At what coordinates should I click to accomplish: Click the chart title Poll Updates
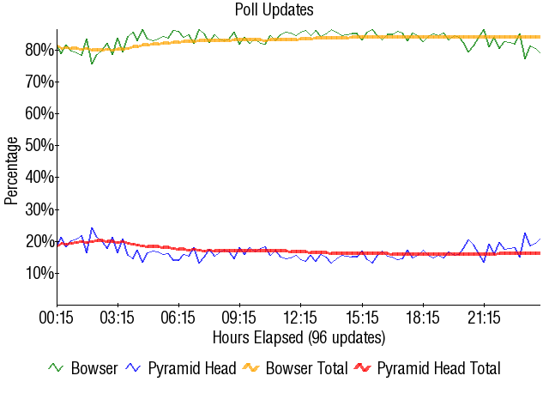tap(274, 10)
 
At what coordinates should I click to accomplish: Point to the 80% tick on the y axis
tap(39, 50)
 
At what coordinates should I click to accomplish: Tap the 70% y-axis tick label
tap(39, 82)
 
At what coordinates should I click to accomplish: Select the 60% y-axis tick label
tap(39, 113)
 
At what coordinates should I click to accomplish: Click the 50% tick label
tap(39, 145)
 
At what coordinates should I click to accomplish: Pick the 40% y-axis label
tap(39, 177)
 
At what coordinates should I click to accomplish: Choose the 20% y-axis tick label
tap(39, 241)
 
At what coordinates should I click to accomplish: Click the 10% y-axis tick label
tap(39, 273)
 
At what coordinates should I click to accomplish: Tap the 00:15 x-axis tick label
tap(57, 318)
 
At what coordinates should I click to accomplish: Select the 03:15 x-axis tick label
tap(118, 318)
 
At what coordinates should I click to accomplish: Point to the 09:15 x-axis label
tap(239, 318)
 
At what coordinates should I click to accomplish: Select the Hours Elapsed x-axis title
tap(299, 337)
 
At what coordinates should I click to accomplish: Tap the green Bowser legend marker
tap(57, 368)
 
